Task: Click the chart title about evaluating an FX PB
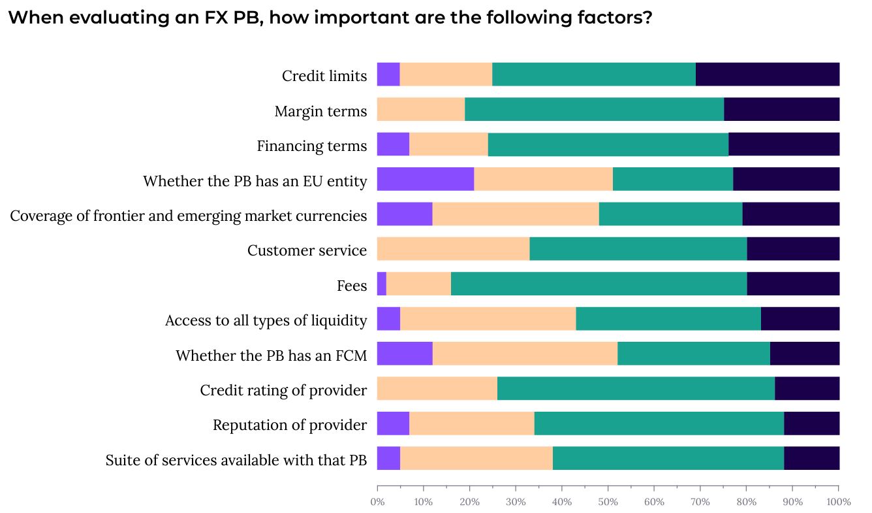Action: [x=330, y=18]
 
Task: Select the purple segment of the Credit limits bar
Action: [x=388, y=74]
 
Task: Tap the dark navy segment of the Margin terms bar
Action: [x=781, y=109]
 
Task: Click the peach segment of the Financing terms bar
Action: [x=448, y=144]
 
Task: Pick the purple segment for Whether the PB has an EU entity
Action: [x=426, y=179]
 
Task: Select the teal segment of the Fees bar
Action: [x=599, y=284]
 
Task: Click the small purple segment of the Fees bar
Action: [x=382, y=284]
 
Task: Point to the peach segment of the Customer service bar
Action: [x=453, y=249]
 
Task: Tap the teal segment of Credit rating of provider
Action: [x=636, y=389]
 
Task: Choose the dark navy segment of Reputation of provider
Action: [x=811, y=424]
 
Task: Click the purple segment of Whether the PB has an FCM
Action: [x=405, y=354]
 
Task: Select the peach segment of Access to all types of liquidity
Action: [x=488, y=319]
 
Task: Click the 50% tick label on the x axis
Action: [x=608, y=502]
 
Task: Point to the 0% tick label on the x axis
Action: [x=377, y=502]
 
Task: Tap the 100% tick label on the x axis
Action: [x=838, y=502]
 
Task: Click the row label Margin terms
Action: [x=320, y=111]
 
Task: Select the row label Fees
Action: [x=352, y=286]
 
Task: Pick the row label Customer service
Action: [x=307, y=250]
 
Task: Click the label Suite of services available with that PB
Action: [x=236, y=460]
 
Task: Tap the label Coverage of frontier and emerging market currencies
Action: [x=189, y=216]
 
